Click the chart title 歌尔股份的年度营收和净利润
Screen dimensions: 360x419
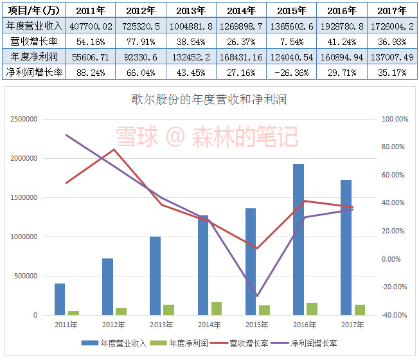[209, 100]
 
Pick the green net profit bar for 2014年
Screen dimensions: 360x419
[216, 309]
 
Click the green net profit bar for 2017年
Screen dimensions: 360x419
[359, 310]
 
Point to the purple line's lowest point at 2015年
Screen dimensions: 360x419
[256, 296]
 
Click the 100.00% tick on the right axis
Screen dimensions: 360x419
[394, 120]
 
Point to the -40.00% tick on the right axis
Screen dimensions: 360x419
[394, 315]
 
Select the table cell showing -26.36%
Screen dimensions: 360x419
[291, 72]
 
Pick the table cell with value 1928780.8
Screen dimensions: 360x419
[342, 26]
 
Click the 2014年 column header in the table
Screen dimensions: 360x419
[241, 10]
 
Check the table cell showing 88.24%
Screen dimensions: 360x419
[90, 72]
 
